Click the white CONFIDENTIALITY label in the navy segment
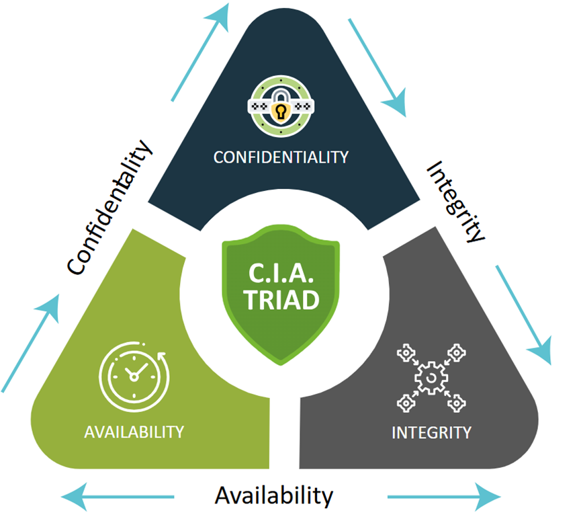[x=281, y=157]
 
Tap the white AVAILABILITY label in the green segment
[x=134, y=432]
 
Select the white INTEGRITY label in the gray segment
[x=431, y=433]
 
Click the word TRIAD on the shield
[x=281, y=300]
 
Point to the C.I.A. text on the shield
[x=281, y=273]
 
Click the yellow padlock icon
[x=281, y=110]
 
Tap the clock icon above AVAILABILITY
[x=134, y=376]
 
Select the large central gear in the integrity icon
[x=431, y=378]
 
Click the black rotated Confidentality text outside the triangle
[x=109, y=208]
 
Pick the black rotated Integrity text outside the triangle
[x=455, y=202]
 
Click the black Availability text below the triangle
[x=274, y=496]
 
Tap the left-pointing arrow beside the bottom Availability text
[x=118, y=497]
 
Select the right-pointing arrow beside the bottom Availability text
[x=444, y=497]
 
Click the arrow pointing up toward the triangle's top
[x=200, y=52]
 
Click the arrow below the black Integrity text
[x=523, y=315]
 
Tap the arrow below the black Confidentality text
[x=30, y=343]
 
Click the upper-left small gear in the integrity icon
[x=406, y=353]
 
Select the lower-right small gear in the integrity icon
[x=457, y=403]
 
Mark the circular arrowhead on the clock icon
[x=162, y=356]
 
